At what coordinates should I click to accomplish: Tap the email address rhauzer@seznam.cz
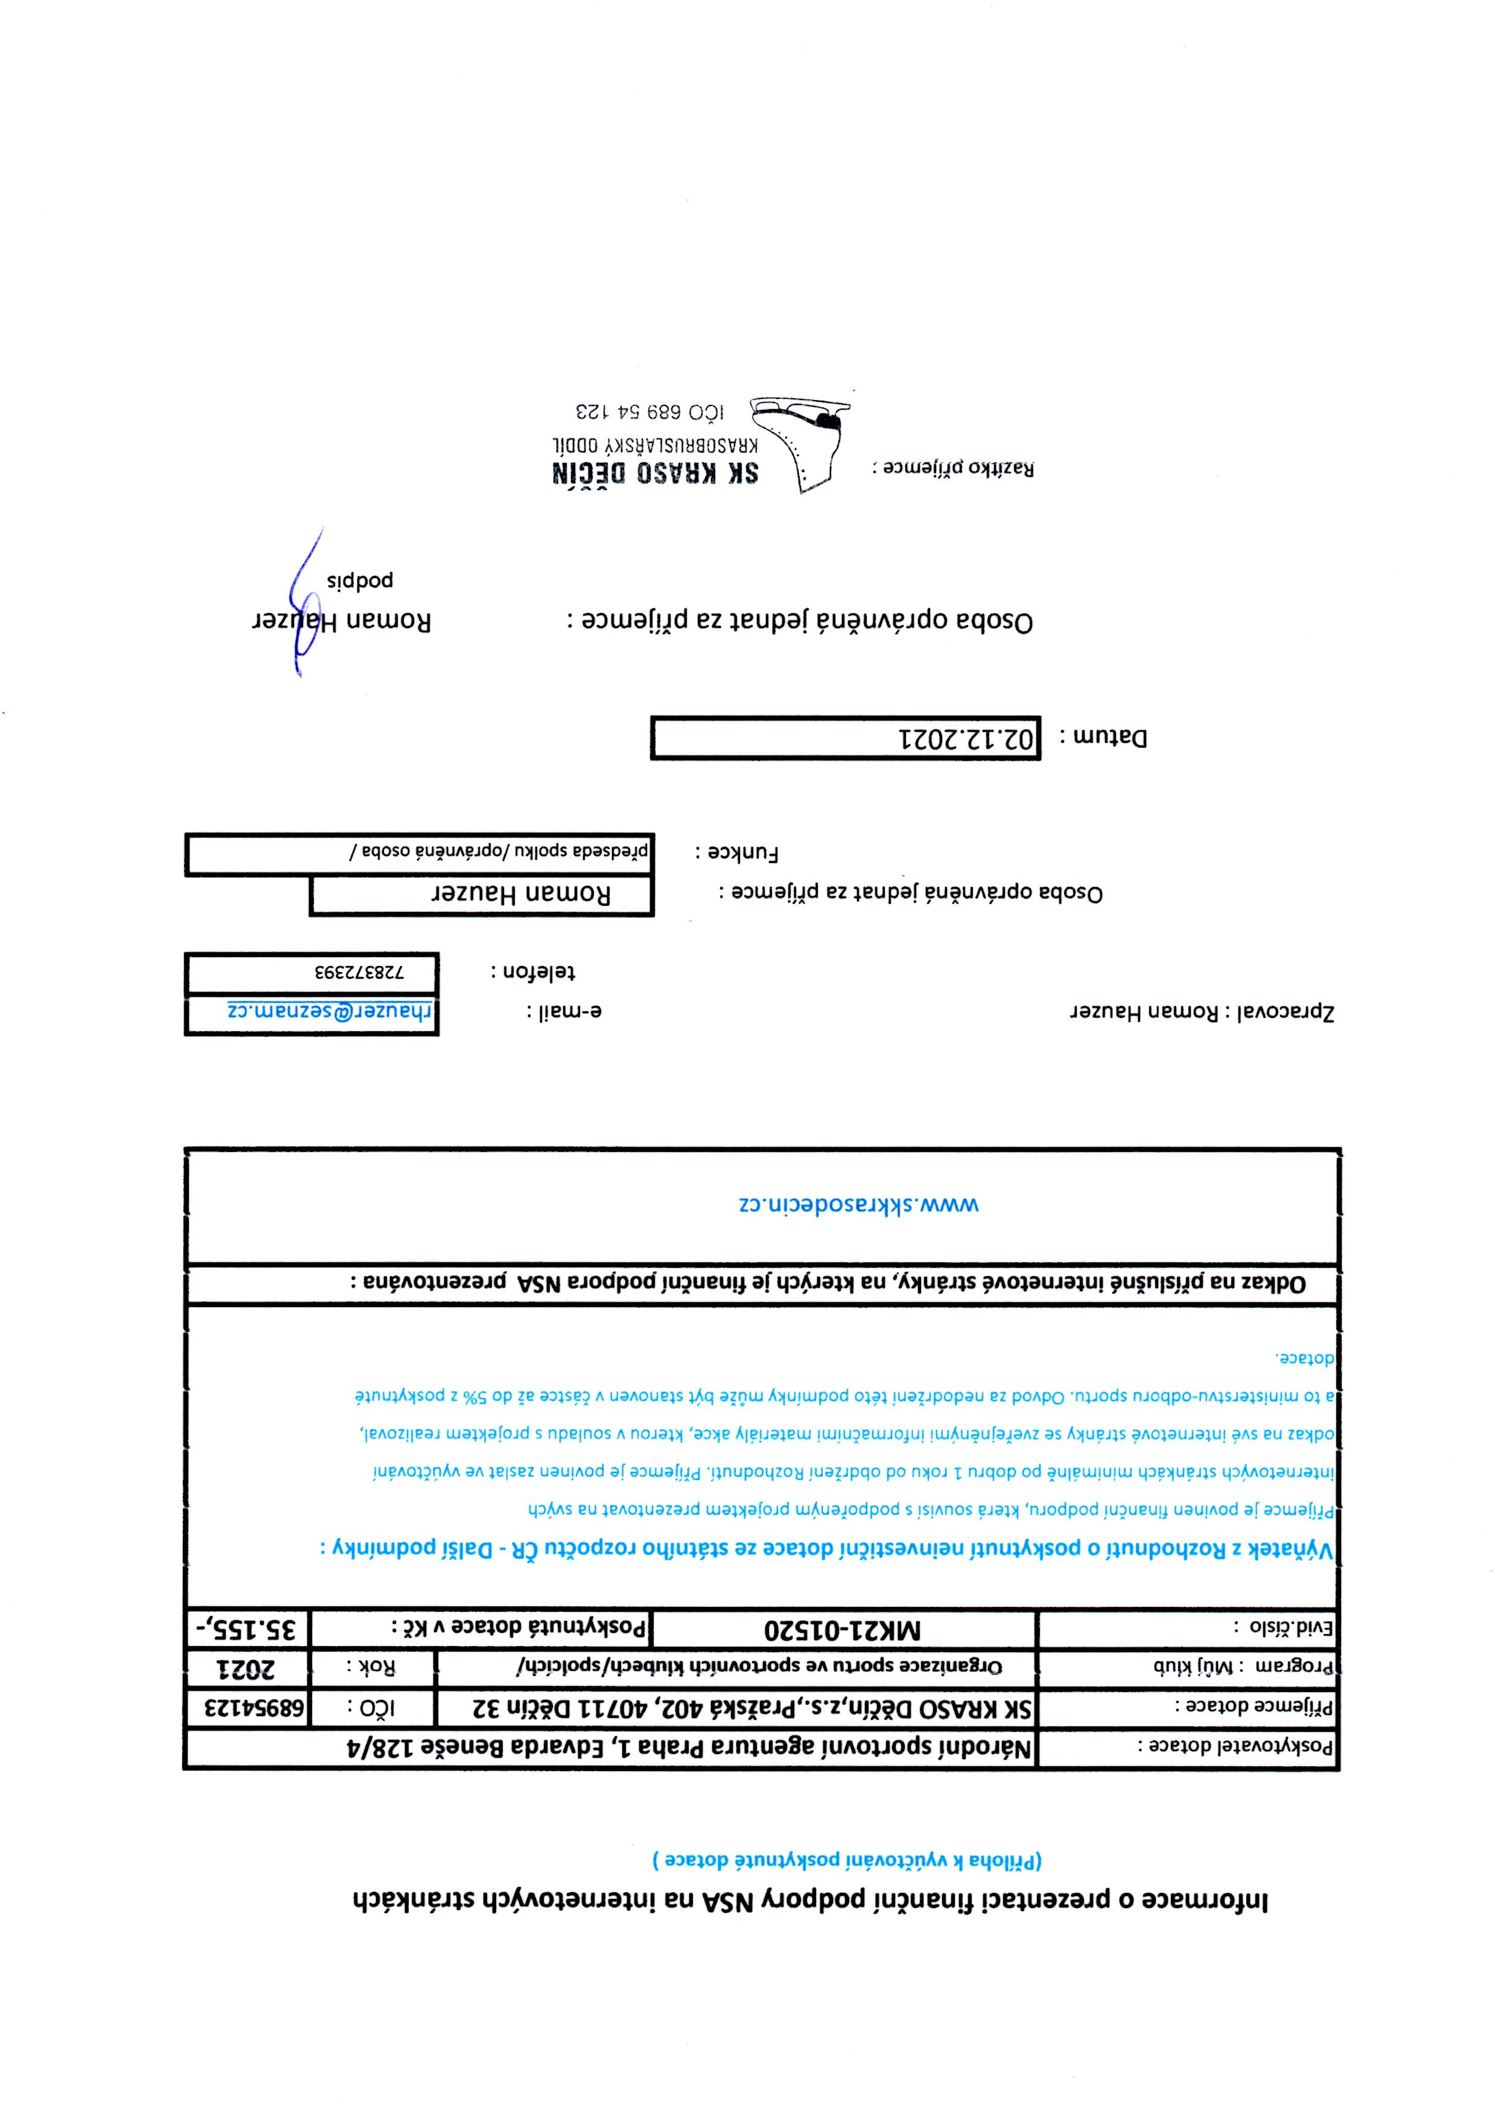pyautogui.click(x=330, y=1011)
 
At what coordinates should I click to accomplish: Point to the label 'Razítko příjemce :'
pyautogui.click(x=953, y=468)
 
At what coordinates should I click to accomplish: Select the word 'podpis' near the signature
pyautogui.click(x=360, y=580)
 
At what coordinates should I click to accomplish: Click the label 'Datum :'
pyautogui.click(x=1104, y=738)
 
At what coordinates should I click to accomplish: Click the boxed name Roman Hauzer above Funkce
pyautogui.click(x=521, y=894)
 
